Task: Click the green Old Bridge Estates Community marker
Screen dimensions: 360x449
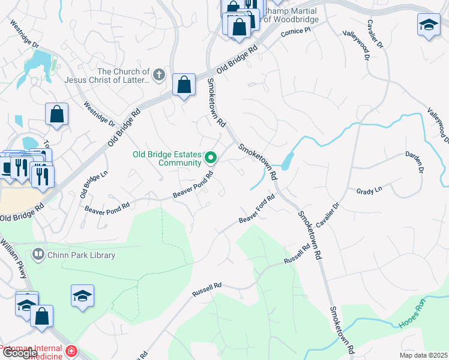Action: point(211,158)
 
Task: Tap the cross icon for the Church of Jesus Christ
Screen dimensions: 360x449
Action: point(158,75)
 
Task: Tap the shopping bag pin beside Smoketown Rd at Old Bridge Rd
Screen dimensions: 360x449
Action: point(184,85)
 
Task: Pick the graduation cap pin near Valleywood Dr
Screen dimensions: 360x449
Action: point(429,25)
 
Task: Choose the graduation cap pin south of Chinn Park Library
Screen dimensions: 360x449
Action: point(82,296)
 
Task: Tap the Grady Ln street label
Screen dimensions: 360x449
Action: point(369,191)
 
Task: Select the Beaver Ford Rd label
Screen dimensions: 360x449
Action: point(256,212)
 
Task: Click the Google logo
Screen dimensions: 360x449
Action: point(19,353)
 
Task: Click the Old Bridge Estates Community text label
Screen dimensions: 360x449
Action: point(167,158)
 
